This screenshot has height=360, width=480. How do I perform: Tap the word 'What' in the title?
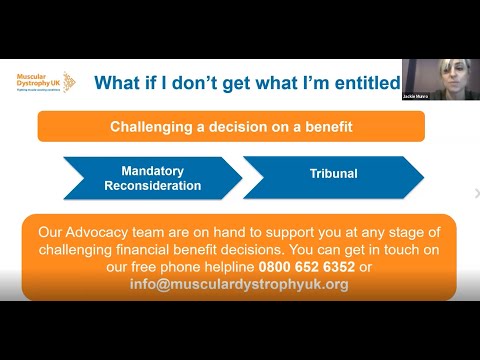(118, 83)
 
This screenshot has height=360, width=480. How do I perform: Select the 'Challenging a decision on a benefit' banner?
(230, 127)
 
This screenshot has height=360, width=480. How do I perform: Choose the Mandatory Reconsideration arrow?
(152, 178)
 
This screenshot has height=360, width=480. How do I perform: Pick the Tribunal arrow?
(332, 176)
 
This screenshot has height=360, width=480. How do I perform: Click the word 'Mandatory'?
(153, 171)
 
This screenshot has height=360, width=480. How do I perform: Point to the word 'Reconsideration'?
(153, 186)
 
